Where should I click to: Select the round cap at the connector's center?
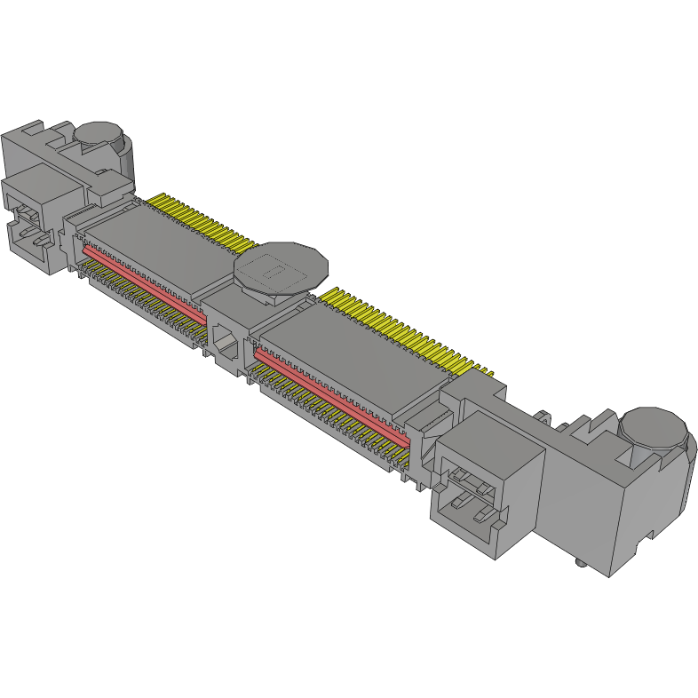pyautogui.click(x=280, y=265)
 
